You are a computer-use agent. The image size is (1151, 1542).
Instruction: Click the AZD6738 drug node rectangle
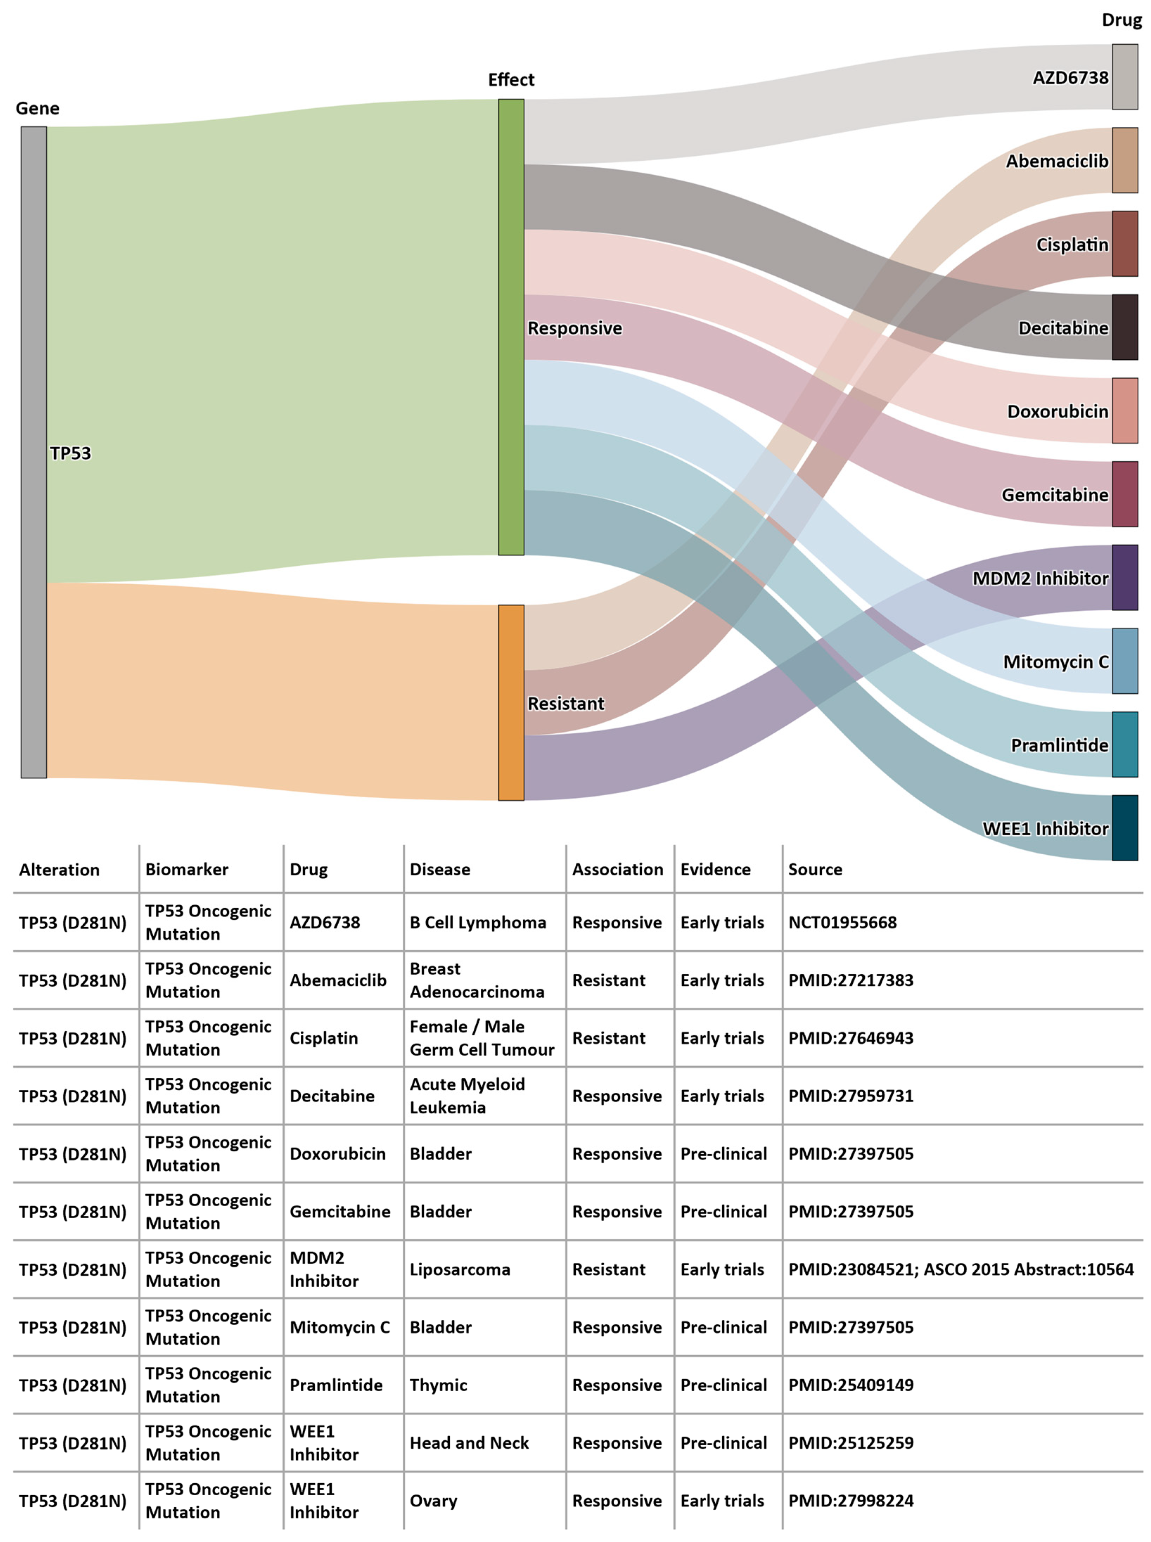(x=1125, y=77)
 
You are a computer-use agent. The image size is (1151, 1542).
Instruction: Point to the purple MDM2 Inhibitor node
(x=1125, y=577)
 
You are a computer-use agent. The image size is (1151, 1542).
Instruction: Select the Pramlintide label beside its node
(x=1059, y=745)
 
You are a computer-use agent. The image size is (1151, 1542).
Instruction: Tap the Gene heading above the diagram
(x=38, y=109)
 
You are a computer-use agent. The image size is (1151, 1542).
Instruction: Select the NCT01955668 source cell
(x=842, y=922)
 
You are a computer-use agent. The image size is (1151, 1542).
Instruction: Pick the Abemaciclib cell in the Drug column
(x=338, y=980)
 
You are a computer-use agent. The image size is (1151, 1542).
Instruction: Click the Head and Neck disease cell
(x=469, y=1443)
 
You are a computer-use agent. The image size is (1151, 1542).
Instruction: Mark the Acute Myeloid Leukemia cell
(x=467, y=1096)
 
